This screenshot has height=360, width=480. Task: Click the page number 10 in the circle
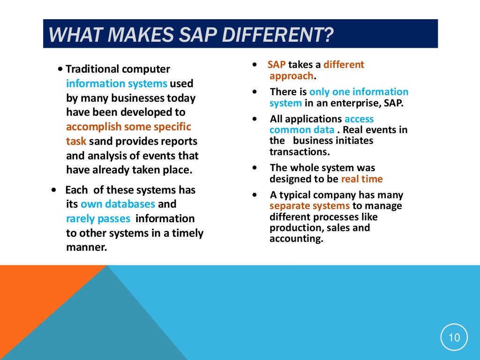point(454,337)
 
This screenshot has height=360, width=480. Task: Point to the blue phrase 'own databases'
point(118,204)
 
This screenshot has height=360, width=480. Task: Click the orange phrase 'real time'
point(362,179)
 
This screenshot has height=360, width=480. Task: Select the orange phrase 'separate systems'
point(309,206)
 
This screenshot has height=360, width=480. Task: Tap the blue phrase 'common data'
point(302,130)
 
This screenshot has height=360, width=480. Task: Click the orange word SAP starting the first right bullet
point(277,65)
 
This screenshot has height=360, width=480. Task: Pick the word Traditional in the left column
point(92,69)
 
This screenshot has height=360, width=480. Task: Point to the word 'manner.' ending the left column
point(87,247)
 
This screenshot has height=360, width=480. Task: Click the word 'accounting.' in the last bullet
point(296,239)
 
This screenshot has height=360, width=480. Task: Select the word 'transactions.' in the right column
point(300,151)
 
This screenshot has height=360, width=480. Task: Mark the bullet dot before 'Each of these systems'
point(55,190)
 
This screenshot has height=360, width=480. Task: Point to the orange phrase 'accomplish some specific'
point(128,127)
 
